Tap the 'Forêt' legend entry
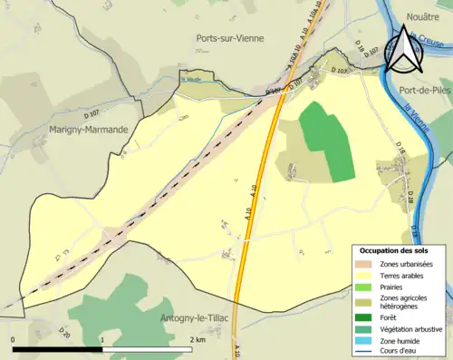coord(393,316)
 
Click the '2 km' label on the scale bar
coord(197,339)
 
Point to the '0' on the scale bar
coord(14,339)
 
